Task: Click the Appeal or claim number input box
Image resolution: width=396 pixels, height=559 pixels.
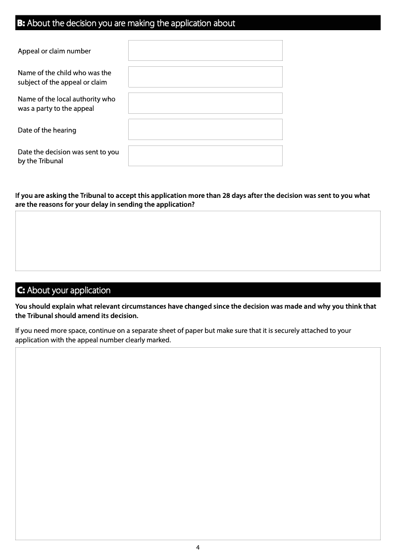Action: point(205,50)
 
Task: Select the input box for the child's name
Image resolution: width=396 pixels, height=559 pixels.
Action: point(205,77)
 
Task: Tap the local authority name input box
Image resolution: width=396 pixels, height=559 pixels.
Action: point(205,103)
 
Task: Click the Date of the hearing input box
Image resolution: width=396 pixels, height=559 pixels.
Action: point(205,129)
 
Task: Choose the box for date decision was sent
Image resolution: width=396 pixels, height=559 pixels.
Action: point(205,155)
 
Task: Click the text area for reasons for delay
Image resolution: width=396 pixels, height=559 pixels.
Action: point(198,241)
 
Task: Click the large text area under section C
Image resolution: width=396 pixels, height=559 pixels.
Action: point(198,443)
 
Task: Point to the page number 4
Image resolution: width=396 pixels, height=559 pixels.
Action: point(198,547)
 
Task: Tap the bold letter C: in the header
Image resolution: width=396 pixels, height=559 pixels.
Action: point(21,290)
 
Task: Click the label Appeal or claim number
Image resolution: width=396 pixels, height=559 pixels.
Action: point(54,51)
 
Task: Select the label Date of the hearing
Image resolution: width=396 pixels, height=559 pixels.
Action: point(47,130)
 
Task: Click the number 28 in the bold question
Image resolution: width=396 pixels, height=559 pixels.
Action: point(226,195)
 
